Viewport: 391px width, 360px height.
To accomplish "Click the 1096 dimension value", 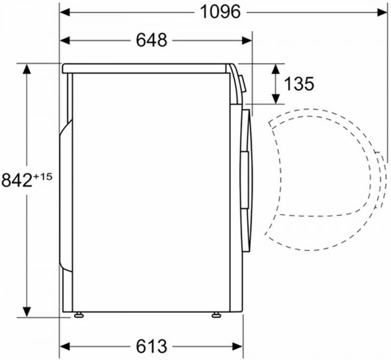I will [220, 11].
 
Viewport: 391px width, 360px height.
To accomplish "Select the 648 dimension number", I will [151, 40].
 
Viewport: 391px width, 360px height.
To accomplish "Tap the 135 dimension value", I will [299, 84].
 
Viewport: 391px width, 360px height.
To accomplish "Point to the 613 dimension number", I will [151, 346].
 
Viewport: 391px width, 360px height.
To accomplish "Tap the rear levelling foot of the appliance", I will [79, 315].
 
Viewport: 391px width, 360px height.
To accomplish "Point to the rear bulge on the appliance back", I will [66, 195].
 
